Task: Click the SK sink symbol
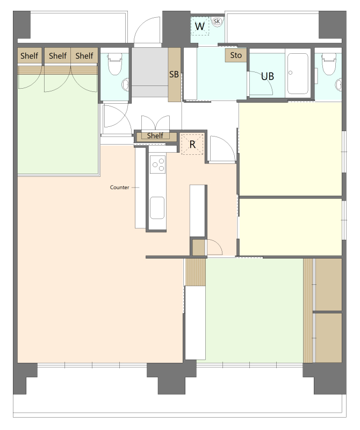tap(217, 21)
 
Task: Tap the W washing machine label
tap(199, 26)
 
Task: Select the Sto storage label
tap(236, 55)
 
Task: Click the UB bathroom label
tap(268, 76)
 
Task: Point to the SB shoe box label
tap(174, 74)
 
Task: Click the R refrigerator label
tap(192, 144)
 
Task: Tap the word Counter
tap(119, 187)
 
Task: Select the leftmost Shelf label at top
tap(30, 56)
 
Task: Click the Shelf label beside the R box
tap(155, 135)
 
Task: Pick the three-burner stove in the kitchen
tap(157, 164)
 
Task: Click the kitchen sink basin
tap(157, 207)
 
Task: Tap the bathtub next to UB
tap(298, 73)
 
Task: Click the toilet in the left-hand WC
tap(114, 64)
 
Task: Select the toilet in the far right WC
tap(328, 64)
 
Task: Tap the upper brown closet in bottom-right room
tap(328, 284)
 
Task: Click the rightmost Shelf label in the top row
tap(84, 56)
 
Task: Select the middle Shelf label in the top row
tap(58, 56)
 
